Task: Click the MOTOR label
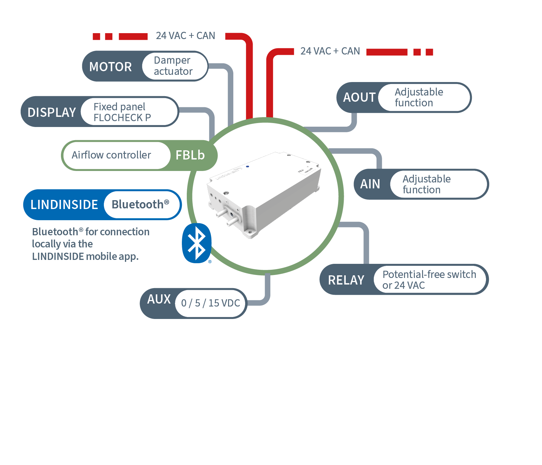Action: [110, 67]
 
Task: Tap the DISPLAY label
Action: [52, 112]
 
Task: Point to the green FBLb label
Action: [190, 155]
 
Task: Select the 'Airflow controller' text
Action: [111, 155]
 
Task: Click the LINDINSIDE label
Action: [64, 204]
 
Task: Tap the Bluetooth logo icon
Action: [197, 243]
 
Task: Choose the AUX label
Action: [159, 299]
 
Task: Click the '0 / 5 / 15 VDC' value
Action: [211, 303]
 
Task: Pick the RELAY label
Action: [346, 280]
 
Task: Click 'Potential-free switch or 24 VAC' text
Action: [429, 280]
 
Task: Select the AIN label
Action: [370, 184]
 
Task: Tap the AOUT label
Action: [359, 97]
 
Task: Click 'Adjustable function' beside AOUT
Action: [419, 97]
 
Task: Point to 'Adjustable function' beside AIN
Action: [427, 184]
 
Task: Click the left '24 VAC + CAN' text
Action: [185, 36]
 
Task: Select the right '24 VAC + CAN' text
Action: [330, 51]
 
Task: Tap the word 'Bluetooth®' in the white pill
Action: [140, 204]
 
